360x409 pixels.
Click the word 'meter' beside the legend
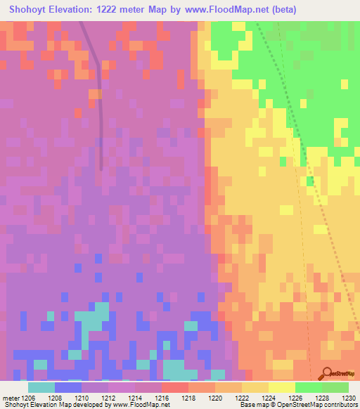[12, 397]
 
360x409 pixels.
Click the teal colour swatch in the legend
[41, 387]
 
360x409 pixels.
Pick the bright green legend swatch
[309, 387]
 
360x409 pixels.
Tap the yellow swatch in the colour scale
[282, 387]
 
